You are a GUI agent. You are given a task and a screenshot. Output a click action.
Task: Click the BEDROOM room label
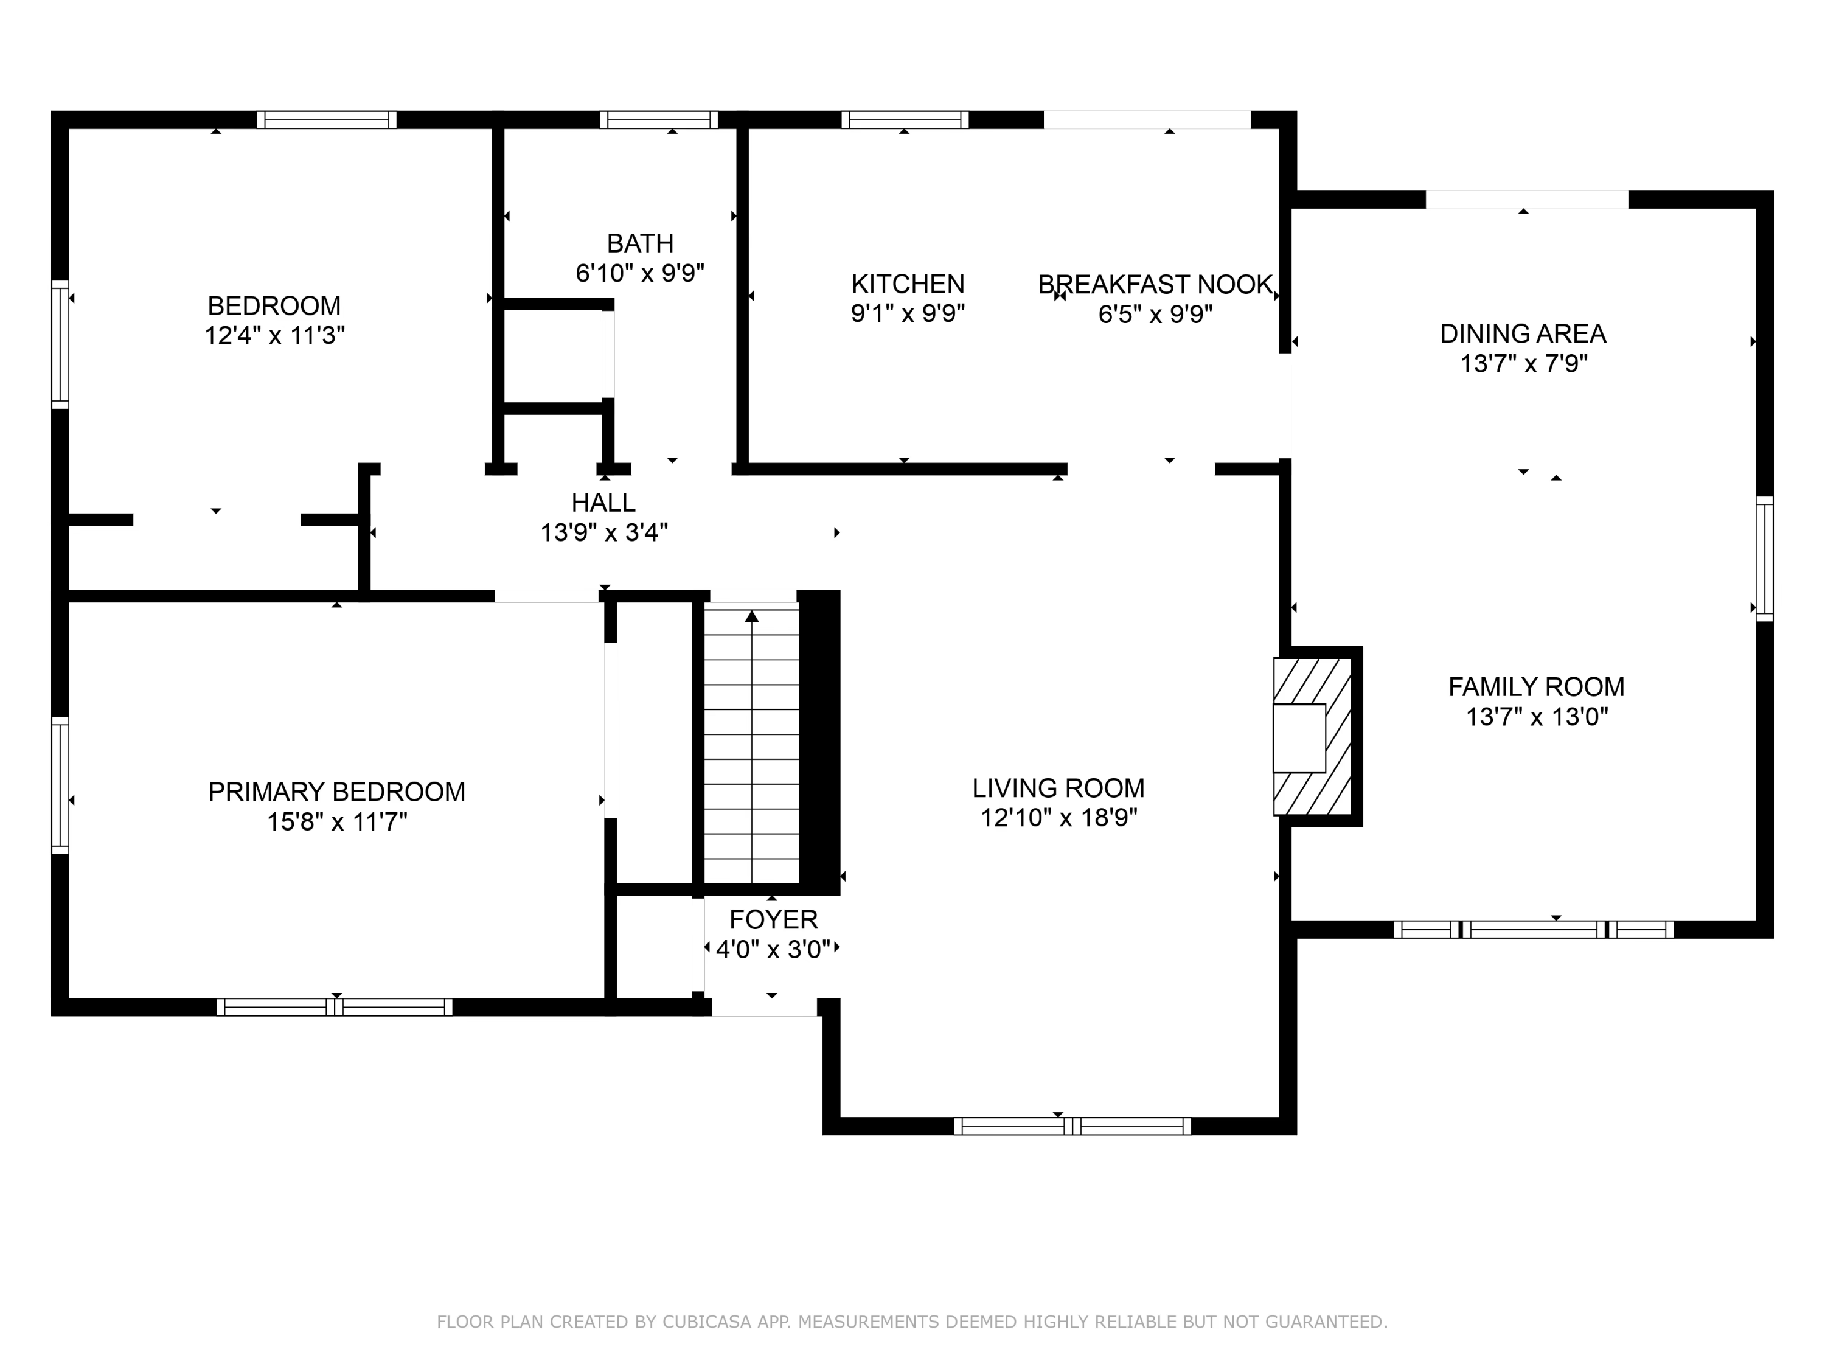274,306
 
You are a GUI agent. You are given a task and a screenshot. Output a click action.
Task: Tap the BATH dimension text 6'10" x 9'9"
640,273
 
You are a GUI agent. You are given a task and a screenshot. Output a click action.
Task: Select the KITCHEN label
908,284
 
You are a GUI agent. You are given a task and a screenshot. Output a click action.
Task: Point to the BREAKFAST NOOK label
1155,285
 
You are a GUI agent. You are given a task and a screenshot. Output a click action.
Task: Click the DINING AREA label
1523,334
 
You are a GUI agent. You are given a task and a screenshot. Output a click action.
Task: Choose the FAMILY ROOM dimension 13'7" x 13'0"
1536,716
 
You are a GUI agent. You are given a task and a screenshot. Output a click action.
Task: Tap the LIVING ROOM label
1058,788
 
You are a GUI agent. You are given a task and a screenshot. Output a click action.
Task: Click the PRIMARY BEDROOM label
336,792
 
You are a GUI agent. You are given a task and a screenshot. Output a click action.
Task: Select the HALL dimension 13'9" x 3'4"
604,533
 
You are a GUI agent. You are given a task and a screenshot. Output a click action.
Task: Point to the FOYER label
773,919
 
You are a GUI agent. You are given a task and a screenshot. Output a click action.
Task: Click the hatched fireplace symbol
1312,737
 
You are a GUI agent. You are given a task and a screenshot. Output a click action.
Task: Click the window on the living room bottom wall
1072,1126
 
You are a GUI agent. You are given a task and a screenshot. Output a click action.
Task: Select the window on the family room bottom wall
1534,930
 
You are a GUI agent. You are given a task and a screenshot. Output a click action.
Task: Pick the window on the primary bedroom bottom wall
334,1007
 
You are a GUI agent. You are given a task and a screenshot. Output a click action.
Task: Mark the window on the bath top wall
658,120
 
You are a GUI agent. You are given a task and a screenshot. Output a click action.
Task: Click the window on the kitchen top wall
905,120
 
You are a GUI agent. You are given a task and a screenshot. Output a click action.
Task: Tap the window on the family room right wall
1765,559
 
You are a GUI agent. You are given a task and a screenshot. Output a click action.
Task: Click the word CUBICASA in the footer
706,1322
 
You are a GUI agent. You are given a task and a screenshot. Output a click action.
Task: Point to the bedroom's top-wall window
327,120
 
